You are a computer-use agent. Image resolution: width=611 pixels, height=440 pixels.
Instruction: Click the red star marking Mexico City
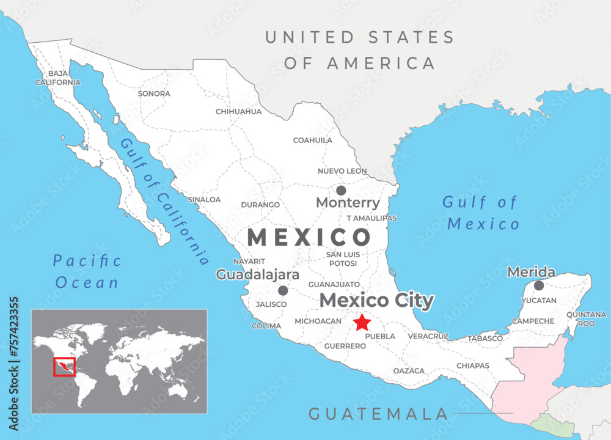point(362,322)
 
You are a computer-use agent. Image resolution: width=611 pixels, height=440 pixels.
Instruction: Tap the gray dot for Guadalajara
point(283,291)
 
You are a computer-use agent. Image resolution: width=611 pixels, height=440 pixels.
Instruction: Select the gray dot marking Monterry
point(341,190)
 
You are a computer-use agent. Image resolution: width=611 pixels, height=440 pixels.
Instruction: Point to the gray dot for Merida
point(539,285)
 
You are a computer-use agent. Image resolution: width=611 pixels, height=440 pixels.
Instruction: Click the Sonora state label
point(154,94)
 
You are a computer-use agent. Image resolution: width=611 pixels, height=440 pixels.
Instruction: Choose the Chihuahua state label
point(238,112)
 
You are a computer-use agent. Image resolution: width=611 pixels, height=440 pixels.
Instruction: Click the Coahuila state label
point(313,141)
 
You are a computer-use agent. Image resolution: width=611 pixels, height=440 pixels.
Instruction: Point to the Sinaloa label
point(204,200)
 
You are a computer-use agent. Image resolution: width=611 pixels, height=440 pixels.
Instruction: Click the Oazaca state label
point(409,371)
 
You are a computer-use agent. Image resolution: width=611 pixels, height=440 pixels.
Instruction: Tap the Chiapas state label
point(473,366)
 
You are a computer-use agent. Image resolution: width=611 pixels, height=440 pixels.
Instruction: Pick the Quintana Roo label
point(586,319)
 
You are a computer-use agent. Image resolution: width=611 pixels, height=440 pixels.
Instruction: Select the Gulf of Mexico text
point(481,213)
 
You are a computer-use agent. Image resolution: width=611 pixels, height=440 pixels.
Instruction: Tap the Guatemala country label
point(378,414)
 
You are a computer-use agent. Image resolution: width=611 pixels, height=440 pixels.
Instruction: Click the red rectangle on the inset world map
point(64,367)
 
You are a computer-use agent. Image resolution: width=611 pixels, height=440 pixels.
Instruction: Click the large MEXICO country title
point(309,237)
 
